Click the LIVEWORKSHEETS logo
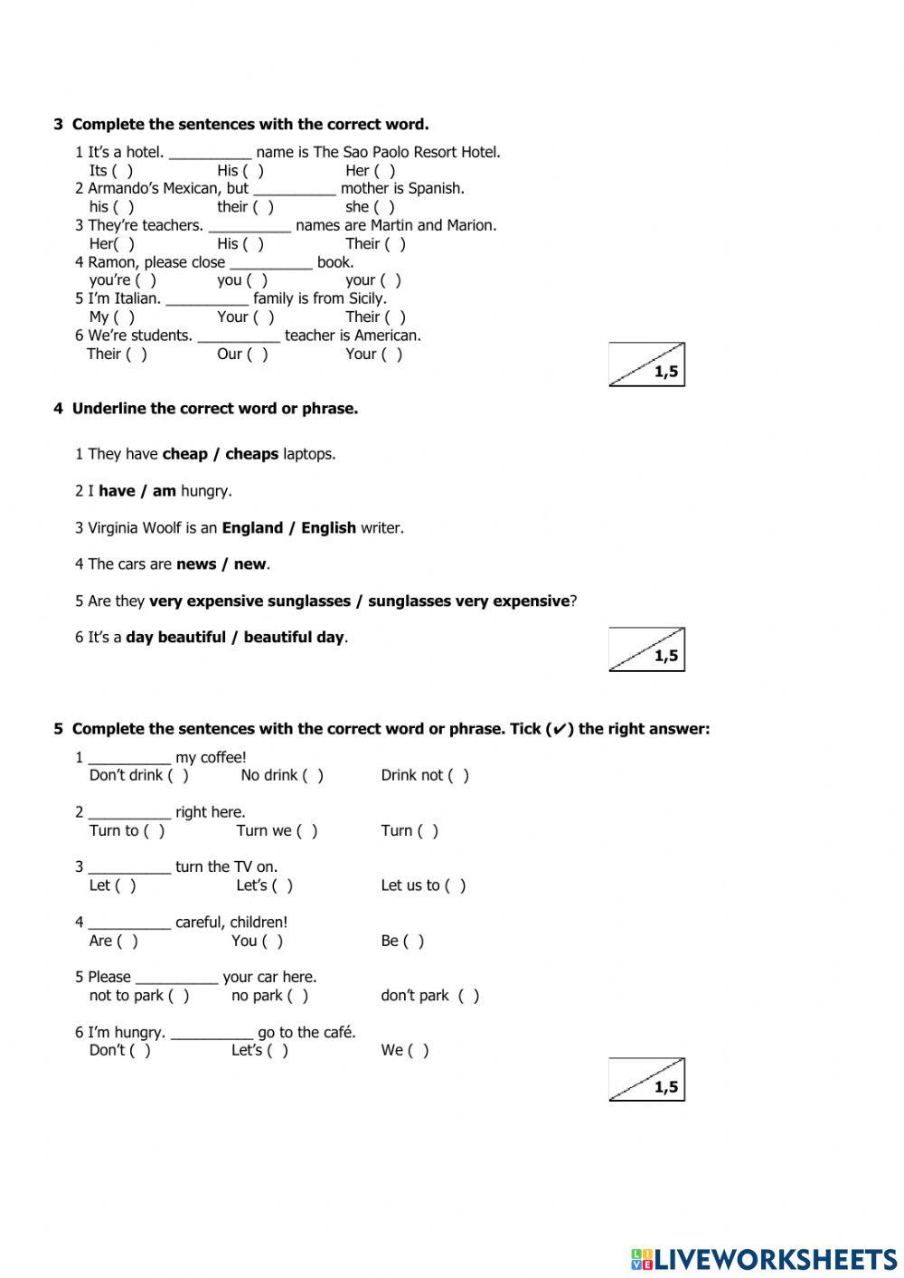click(764, 1258)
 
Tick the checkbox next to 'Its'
click(123, 171)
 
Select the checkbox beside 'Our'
click(258, 355)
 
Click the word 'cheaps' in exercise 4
click(251, 454)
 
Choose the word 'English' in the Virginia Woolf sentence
click(328, 528)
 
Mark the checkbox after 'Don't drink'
click(178, 776)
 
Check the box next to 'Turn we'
click(307, 831)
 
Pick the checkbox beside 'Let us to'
click(456, 886)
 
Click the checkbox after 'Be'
click(413, 942)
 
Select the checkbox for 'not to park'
click(179, 996)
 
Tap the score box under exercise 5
click(646, 1079)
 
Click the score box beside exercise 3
click(646, 364)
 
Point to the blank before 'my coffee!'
click(129, 758)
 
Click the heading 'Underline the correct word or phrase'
click(214, 409)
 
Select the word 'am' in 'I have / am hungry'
click(164, 491)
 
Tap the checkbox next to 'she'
click(384, 207)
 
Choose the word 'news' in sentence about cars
click(196, 564)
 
